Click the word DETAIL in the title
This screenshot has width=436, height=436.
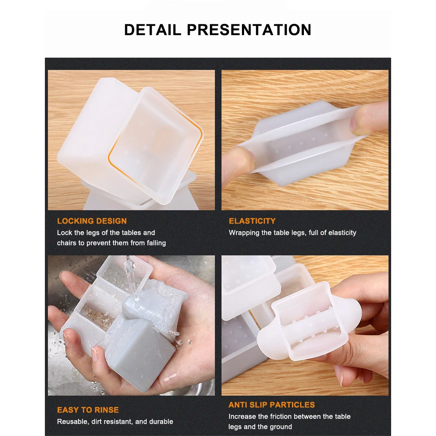pyautogui.click(x=152, y=30)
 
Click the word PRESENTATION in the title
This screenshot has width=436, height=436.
pyautogui.click(x=249, y=30)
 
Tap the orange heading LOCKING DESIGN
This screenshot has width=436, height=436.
pyautogui.click(x=92, y=221)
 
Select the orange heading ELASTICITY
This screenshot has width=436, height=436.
pyautogui.click(x=252, y=221)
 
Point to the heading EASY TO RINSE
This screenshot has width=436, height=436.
pyautogui.click(x=88, y=410)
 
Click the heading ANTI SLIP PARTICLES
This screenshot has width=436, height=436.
pyautogui.click(x=272, y=405)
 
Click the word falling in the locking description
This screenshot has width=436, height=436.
pyautogui.click(x=156, y=243)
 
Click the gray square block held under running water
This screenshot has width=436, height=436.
pyautogui.click(x=139, y=353)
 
